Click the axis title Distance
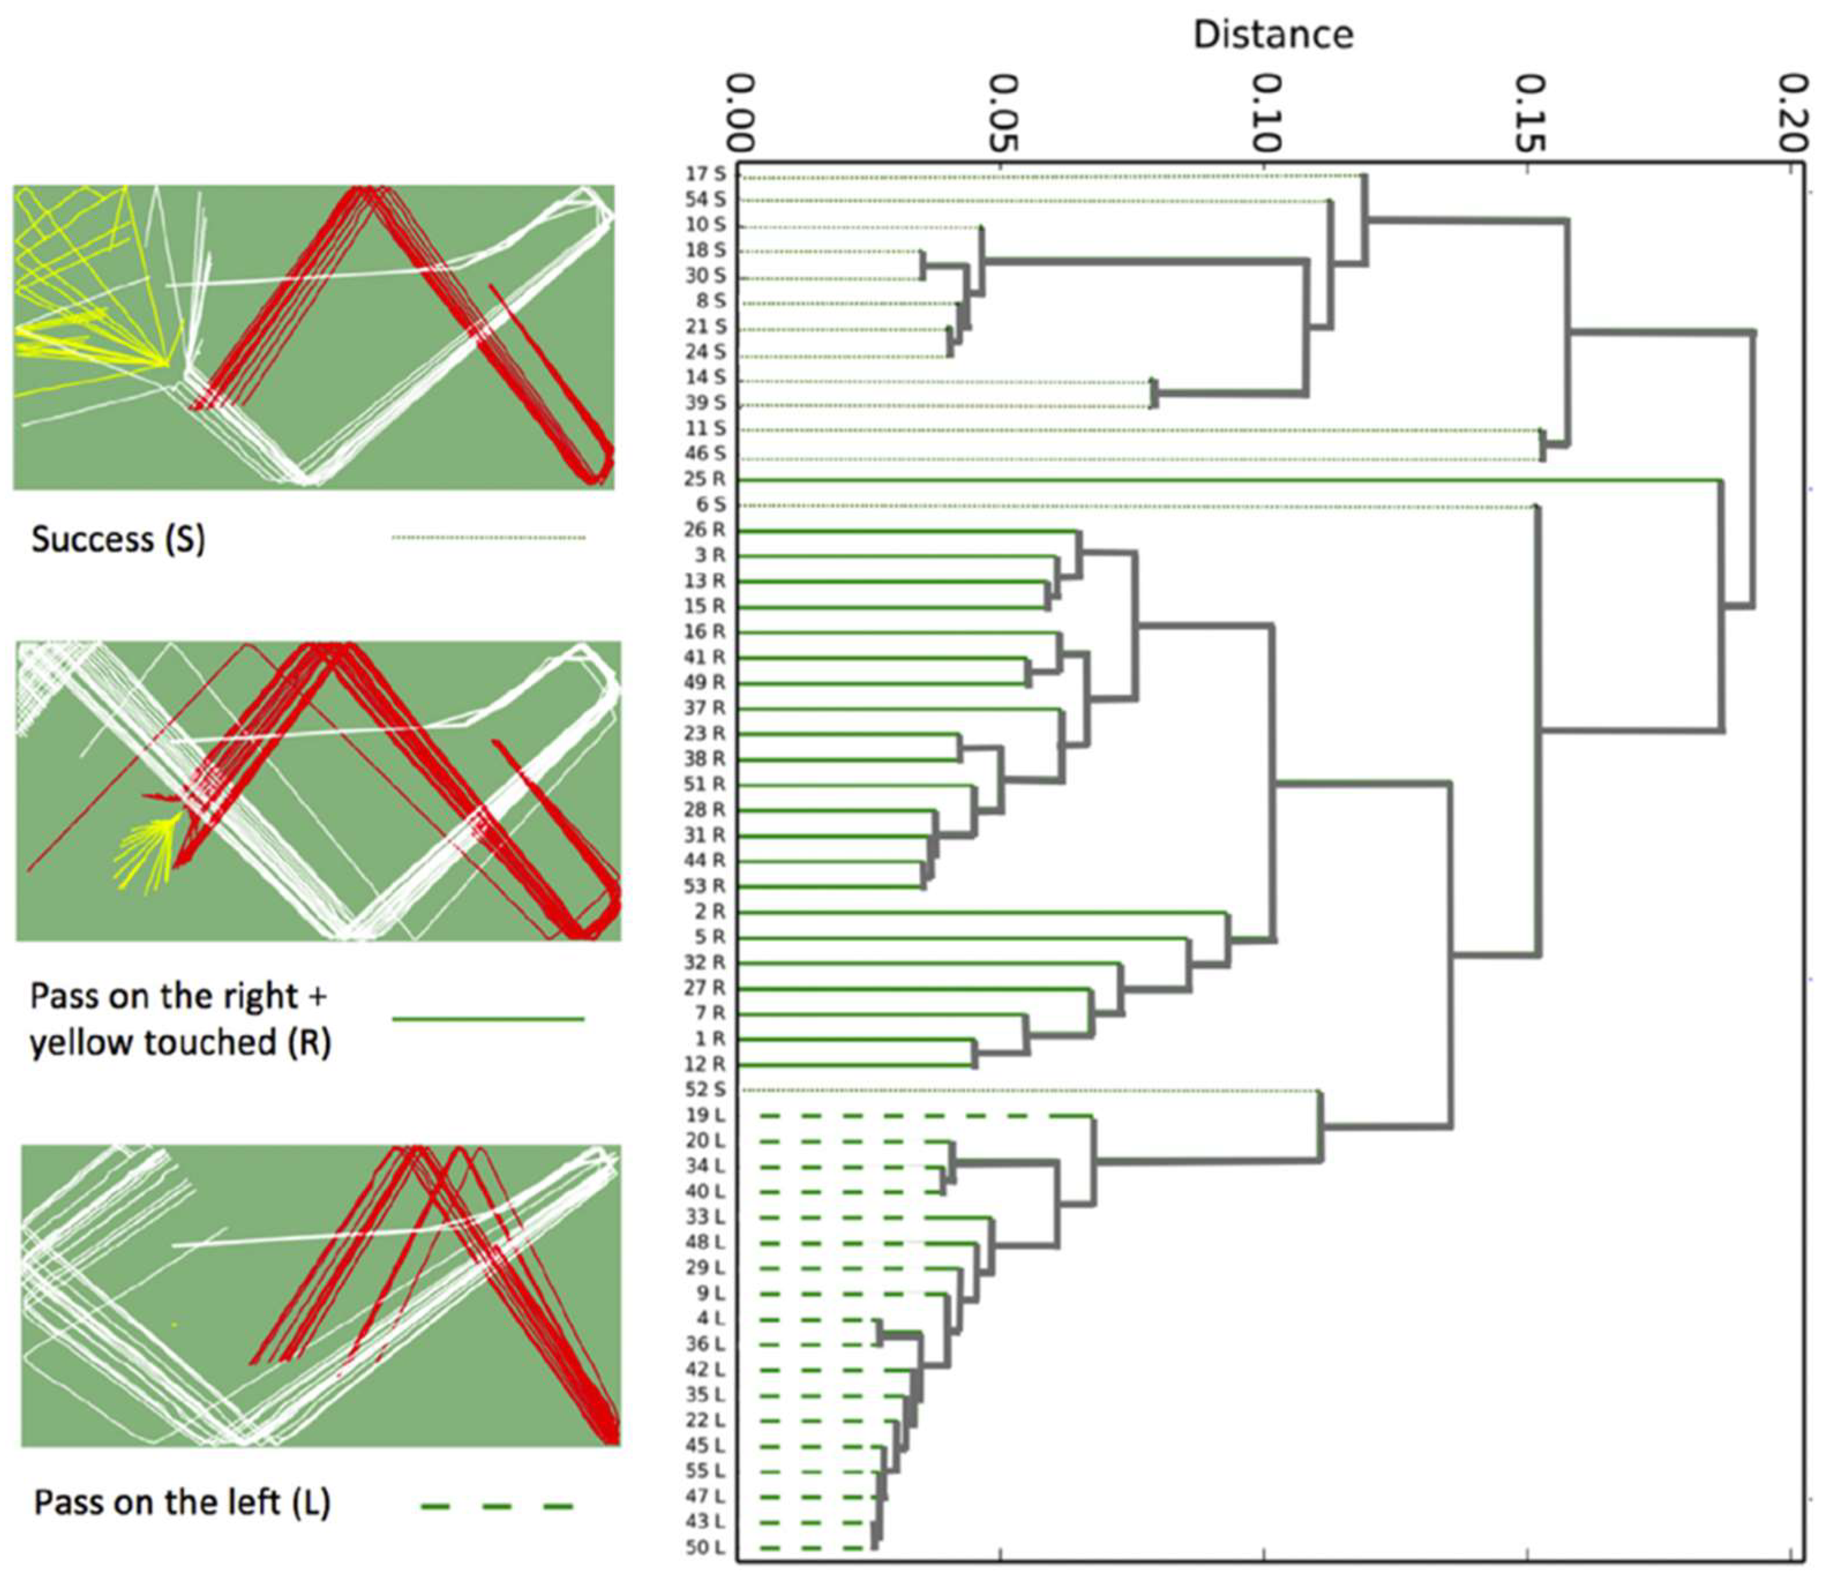pyautogui.click(x=1273, y=35)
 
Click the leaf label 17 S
pyautogui.click(x=705, y=174)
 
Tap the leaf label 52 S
pyautogui.click(x=705, y=1089)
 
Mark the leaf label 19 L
pyautogui.click(x=705, y=1115)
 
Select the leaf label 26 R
pyautogui.click(x=705, y=530)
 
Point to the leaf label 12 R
pyautogui.click(x=705, y=1064)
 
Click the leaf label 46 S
pyautogui.click(x=705, y=454)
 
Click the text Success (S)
pyautogui.click(x=118, y=539)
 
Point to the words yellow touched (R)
pyautogui.click(x=180, y=1043)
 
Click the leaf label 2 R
pyautogui.click(x=710, y=911)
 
